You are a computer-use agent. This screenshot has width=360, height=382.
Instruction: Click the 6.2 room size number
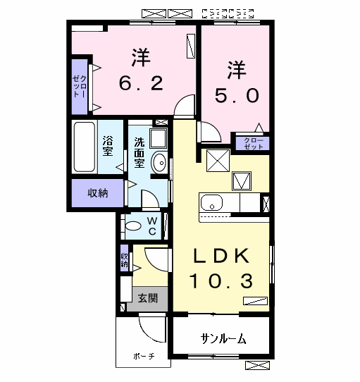141,83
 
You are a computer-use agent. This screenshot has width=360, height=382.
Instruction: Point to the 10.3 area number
220,282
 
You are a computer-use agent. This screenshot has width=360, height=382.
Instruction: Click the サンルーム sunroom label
223,339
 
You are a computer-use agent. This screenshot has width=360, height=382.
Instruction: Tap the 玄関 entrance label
147,297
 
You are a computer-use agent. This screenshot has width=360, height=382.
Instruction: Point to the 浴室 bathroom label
108,147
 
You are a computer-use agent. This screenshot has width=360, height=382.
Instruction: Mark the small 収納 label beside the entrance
124,261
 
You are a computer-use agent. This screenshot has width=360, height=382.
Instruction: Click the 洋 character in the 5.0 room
236,70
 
